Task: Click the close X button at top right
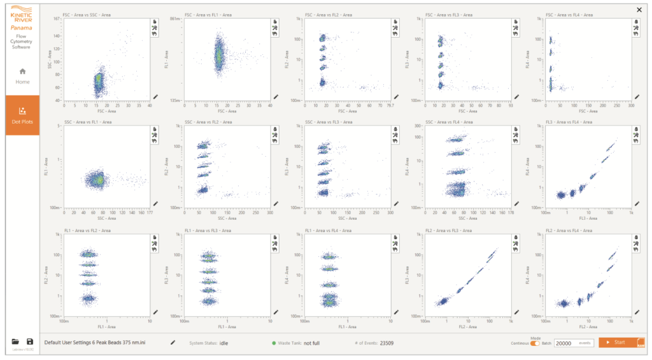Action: [639, 10]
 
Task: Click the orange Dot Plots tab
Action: [23, 115]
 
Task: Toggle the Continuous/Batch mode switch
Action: [535, 343]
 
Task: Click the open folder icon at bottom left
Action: [16, 342]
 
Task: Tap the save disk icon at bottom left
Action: [29, 342]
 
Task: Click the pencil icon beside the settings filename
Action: [173, 342]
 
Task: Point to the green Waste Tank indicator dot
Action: [274, 343]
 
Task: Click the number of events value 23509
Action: [386, 343]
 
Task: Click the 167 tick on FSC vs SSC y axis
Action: [57, 19]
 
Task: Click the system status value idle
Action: [224, 343]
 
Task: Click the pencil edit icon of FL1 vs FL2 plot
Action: [155, 312]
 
